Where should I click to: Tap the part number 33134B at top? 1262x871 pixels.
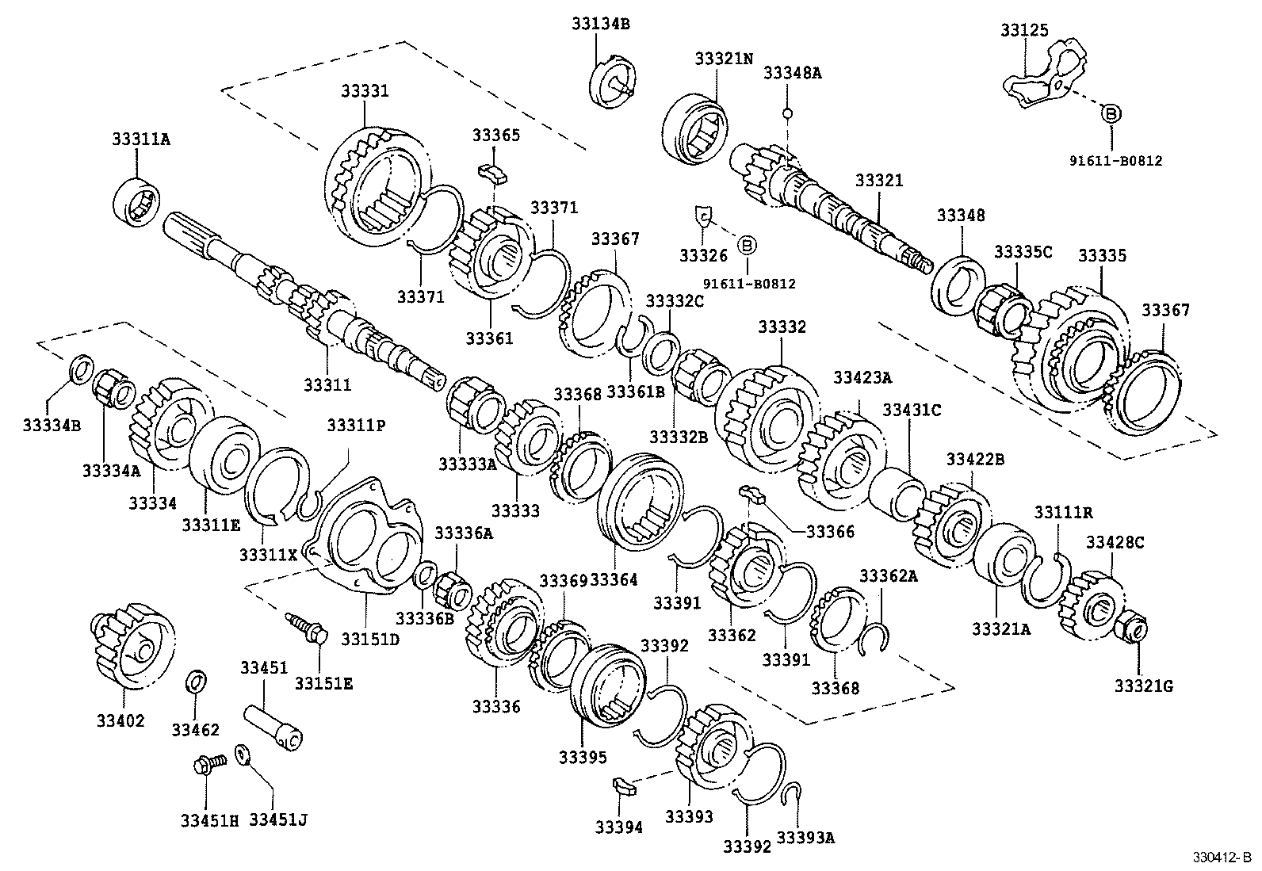pyautogui.click(x=600, y=25)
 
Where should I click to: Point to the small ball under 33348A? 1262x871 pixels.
pyautogui.click(x=787, y=113)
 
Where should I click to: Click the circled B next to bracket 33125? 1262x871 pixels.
pyautogui.click(x=1111, y=114)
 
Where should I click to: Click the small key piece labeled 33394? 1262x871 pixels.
pyautogui.click(x=624, y=788)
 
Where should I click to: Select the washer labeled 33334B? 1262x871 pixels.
pyautogui.click(x=81, y=369)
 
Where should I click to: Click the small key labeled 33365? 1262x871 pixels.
pyautogui.click(x=491, y=172)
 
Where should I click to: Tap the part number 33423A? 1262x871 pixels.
pyautogui.click(x=862, y=377)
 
